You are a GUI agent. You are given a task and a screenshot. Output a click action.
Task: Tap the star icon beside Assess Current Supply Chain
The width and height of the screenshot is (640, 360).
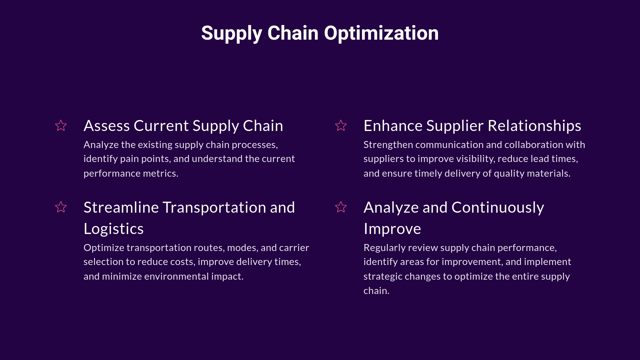[61, 126]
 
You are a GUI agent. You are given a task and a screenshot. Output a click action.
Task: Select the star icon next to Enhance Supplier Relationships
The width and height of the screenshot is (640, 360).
[341, 126]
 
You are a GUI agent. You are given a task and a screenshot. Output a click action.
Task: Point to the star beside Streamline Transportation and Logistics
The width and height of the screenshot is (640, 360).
[61, 207]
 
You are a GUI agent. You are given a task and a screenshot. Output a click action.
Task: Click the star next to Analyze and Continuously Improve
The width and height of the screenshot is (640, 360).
[341, 207]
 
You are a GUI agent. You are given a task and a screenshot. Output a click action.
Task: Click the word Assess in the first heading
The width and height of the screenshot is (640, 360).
[107, 126]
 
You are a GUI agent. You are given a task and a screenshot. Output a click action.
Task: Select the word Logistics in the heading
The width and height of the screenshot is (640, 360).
[113, 229]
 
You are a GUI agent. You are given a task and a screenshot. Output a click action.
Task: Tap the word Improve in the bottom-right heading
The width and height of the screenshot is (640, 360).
[392, 229]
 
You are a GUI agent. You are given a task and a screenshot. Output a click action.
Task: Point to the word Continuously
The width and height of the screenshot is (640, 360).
[498, 208]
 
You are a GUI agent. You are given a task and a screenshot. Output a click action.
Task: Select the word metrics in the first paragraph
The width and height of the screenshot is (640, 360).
[160, 173]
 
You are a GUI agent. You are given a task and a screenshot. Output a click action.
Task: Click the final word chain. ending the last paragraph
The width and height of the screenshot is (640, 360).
[376, 291]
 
